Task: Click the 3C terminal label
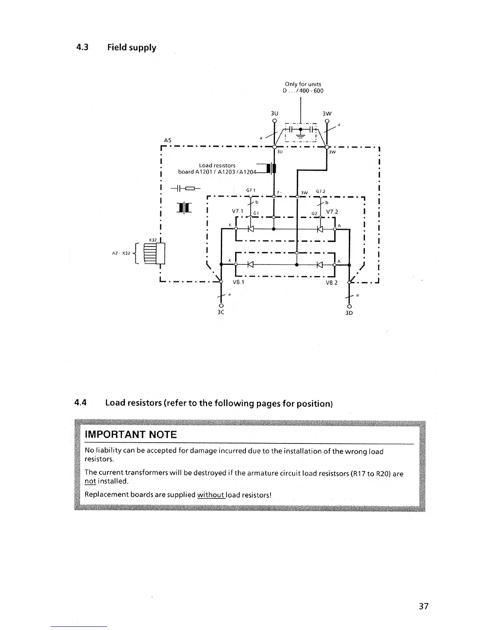[x=221, y=312]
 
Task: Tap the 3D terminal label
[x=349, y=313]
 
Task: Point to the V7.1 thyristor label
[x=238, y=211]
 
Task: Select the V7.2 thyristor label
[x=332, y=212]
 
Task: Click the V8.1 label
[x=238, y=282]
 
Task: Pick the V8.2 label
[x=331, y=282]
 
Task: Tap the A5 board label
[x=168, y=140]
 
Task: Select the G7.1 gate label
[x=250, y=190]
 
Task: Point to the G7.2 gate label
[x=321, y=191]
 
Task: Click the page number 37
[x=423, y=606]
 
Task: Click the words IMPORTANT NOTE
[x=131, y=434]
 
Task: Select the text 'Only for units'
[x=303, y=84]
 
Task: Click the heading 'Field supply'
[x=132, y=47]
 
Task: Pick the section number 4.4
[x=81, y=403]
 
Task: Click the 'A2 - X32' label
[x=121, y=253]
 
